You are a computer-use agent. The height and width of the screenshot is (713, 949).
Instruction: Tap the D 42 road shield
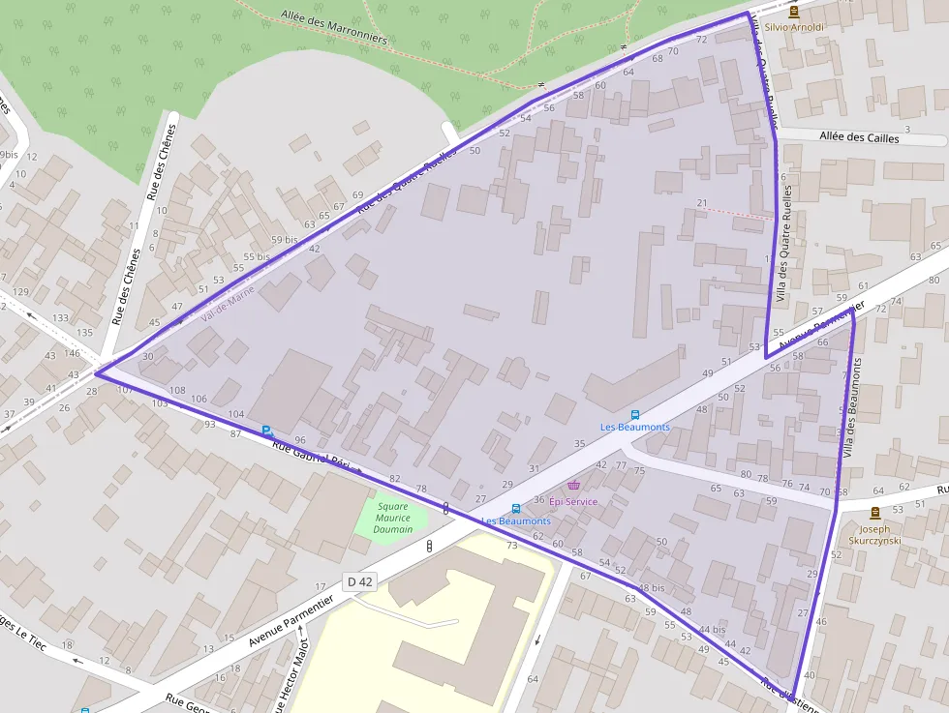pyautogui.click(x=359, y=581)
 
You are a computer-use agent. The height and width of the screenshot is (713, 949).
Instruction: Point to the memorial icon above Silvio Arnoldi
pyautogui.click(x=794, y=12)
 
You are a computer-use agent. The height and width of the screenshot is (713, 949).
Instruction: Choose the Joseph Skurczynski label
pyautogui.click(x=874, y=535)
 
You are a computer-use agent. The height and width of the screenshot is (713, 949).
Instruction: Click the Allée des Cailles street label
pyautogui.click(x=859, y=138)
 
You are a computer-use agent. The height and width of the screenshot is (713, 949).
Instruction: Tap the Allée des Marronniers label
pyautogui.click(x=333, y=28)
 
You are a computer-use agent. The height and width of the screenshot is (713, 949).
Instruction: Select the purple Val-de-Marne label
pyautogui.click(x=228, y=304)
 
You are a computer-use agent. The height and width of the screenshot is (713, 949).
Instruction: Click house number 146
pyautogui.click(x=72, y=354)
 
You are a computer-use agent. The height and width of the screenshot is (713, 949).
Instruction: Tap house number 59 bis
pyautogui.click(x=284, y=240)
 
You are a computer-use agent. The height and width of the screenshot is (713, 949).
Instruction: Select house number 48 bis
pyautogui.click(x=652, y=588)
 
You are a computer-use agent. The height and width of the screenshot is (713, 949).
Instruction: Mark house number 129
pyautogui.click(x=19, y=292)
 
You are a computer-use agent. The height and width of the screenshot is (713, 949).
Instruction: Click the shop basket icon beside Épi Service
pyautogui.click(x=573, y=485)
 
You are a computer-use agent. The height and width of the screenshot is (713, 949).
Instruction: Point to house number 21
pyautogui.click(x=702, y=202)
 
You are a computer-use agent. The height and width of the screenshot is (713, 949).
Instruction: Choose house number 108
pyautogui.click(x=176, y=390)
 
